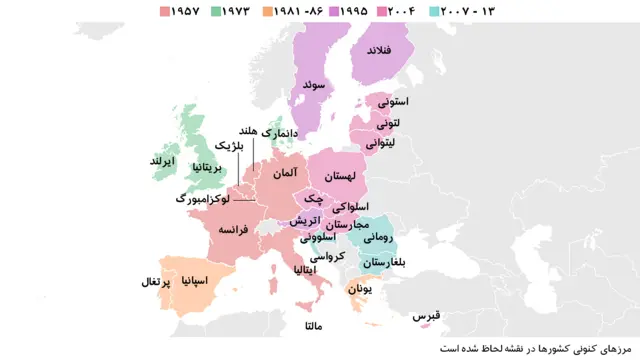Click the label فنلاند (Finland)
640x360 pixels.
pos(383,50)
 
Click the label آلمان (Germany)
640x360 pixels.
pos(282,173)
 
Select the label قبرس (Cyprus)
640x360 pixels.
pos(426,317)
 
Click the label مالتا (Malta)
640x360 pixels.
pos(314,326)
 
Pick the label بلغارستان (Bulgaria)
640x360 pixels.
pos(386,262)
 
